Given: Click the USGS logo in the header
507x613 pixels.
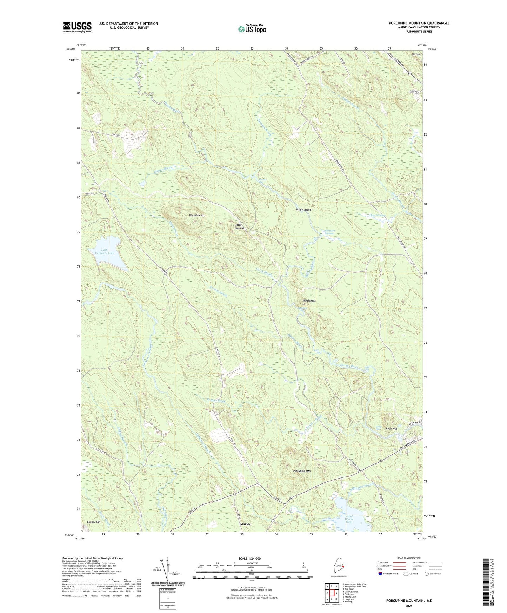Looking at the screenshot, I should pyautogui.click(x=77, y=27).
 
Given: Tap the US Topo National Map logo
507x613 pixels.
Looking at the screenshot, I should pyautogui.click(x=252, y=29).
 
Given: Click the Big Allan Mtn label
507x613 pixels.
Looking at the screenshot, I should pyautogui.click(x=197, y=215).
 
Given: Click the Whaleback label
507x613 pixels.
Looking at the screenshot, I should pyautogui.click(x=309, y=301).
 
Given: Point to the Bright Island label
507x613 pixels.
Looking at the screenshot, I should pyautogui.click(x=303, y=210).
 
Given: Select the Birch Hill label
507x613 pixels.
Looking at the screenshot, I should pyautogui.click(x=391, y=429).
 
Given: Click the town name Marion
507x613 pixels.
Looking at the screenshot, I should pyautogui.click(x=246, y=524).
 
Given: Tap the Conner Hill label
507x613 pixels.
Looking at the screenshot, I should pyautogui.click(x=94, y=522).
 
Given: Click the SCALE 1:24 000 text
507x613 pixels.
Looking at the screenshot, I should pyautogui.click(x=249, y=558).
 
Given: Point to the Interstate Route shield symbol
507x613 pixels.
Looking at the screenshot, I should pyautogui.click(x=381, y=574).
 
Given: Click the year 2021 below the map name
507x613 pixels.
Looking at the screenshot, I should pyautogui.click(x=408, y=606).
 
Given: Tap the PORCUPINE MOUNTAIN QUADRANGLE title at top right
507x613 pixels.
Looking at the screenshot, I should pyautogui.click(x=419, y=23).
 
